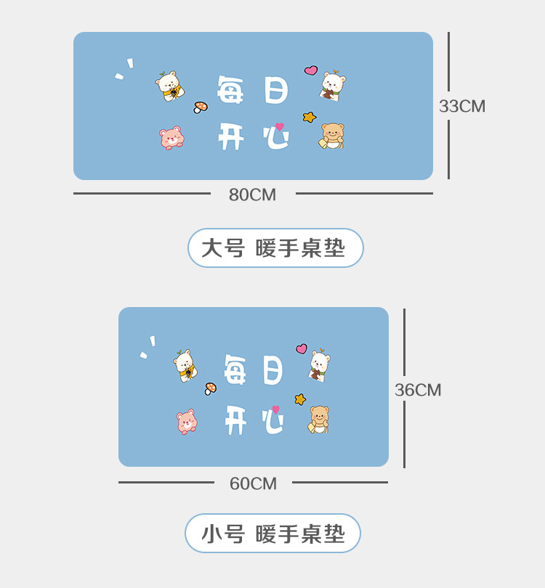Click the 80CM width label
pos(252,195)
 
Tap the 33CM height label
pos(461,106)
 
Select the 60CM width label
pos(253,483)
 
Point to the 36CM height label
pos(418,390)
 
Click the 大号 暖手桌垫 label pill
pos(275,248)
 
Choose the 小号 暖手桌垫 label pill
pos(272,534)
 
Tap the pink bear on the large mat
pos(171,137)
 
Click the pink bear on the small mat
pos(187,422)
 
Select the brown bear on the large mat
pos(332,136)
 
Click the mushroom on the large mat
pos(201,107)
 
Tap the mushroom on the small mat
pos(211,388)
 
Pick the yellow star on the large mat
pos(310,116)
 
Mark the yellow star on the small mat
pos(300,399)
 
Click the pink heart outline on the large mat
pos(311,70)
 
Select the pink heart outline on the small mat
pos(302,349)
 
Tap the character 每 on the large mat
pos(232,91)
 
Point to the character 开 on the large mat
pos(231,136)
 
